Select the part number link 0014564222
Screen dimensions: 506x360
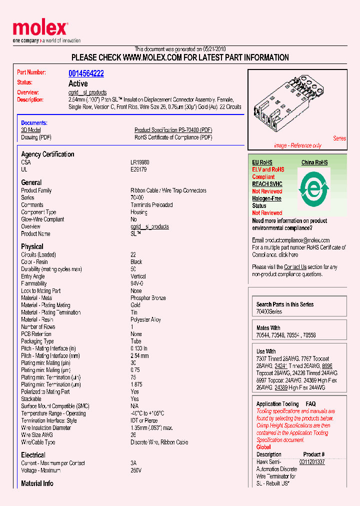[x=86, y=73]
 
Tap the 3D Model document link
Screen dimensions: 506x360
[x=31, y=130]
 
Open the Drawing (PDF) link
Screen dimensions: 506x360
[x=36, y=137]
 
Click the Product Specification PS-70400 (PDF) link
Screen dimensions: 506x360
[x=173, y=130]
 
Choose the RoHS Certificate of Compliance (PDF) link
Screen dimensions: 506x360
[x=173, y=137]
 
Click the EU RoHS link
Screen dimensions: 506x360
[x=262, y=162]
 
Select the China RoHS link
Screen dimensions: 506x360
[x=314, y=162]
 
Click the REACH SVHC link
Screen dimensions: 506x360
[x=267, y=184]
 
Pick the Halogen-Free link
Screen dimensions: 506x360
[x=266, y=198]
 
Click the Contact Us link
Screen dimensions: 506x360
[x=295, y=267]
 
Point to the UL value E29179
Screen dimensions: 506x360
[x=138, y=169]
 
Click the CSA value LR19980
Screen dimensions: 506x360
[x=140, y=162]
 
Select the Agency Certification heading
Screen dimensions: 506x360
[x=47, y=154]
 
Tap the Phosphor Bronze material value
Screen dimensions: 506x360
[x=148, y=298]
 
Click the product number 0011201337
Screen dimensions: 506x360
[x=312, y=462]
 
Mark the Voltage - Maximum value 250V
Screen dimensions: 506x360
[x=136, y=470]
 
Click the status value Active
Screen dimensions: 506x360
[x=78, y=83]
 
